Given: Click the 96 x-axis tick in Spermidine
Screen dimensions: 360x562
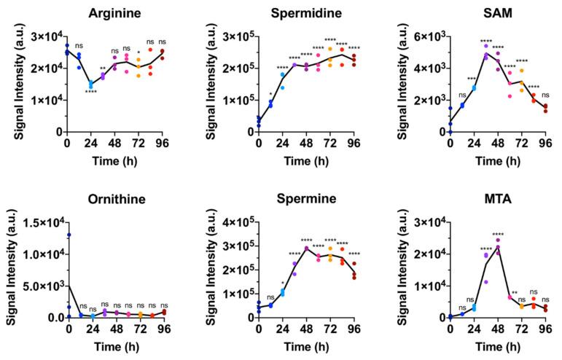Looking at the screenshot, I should coord(354,142).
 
